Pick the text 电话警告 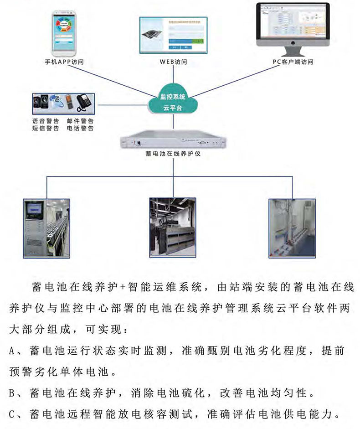(80, 129)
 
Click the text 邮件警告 (80, 121)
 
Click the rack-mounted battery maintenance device (173, 142)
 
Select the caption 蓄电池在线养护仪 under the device (173, 155)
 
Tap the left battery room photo (46, 228)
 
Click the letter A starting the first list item (13, 351)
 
